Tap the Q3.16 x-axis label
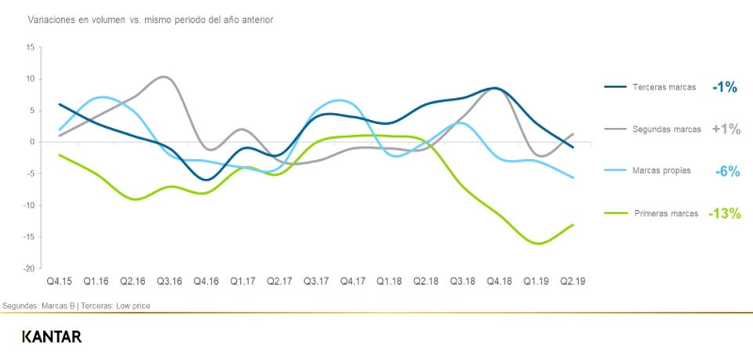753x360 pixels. pos(169,280)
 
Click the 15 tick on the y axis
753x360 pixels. pos(30,47)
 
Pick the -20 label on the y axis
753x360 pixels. pos(28,268)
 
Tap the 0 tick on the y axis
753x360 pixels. pos(32,142)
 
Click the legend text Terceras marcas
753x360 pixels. pos(664,87)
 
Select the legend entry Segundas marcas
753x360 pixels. pos(667,129)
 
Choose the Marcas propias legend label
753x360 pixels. pos(663,171)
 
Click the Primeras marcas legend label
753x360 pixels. pos(665,213)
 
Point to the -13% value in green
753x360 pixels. pos(724,213)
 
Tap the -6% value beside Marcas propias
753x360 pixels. pos(726,171)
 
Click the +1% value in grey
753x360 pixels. pos(726,129)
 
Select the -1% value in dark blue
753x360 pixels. pos(725,87)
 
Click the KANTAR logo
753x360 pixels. pos(52,336)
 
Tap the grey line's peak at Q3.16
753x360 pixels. pos(162,77)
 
